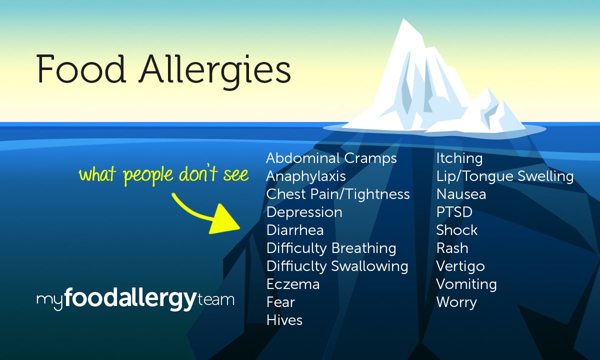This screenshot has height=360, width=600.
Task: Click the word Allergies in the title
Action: point(215,70)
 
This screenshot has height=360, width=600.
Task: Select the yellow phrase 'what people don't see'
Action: point(163,175)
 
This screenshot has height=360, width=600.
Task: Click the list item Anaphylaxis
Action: point(305,176)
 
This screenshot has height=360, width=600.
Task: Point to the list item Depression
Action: point(304,212)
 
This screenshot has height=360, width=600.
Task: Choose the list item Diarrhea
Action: point(294,230)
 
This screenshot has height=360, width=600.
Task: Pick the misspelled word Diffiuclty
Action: point(296,266)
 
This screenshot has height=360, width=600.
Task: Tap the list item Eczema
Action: point(292,284)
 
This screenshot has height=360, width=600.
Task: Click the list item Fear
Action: point(280,302)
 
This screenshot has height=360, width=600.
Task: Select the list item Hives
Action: point(284,320)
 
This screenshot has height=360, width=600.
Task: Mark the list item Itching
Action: point(459,158)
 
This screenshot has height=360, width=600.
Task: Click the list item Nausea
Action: point(460,194)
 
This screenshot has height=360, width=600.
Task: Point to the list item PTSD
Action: point(454,212)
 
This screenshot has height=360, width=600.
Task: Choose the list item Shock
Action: point(456,230)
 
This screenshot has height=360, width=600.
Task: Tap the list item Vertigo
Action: point(460,266)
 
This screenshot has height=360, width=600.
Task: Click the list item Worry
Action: point(456,302)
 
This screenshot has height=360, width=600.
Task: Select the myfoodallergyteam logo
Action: point(135,300)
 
